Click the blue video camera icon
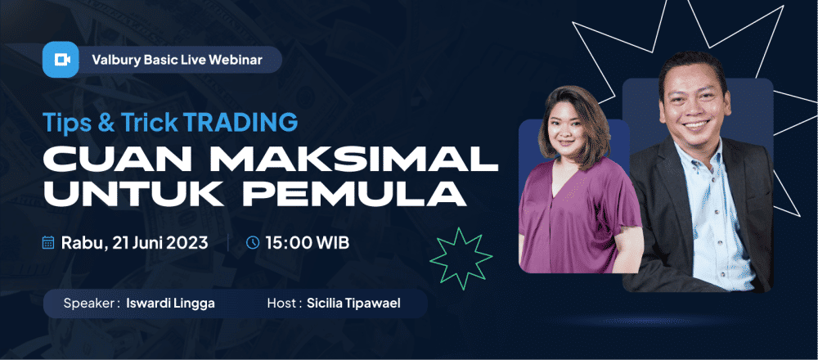tap(61, 60)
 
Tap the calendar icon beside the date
tap(48, 243)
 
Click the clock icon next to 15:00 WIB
tap(253, 243)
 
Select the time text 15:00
tap(285, 243)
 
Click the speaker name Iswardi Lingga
tap(171, 304)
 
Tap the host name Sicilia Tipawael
tap(353, 303)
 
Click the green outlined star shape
tap(461, 259)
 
